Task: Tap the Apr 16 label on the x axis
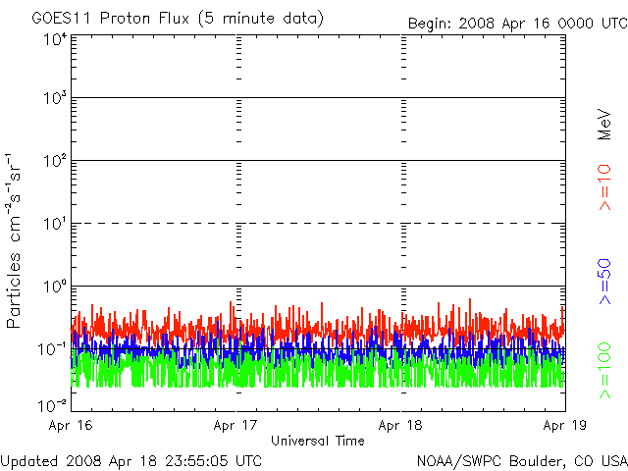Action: (x=71, y=425)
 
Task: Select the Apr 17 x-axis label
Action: (x=235, y=425)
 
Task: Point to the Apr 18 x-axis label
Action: (x=400, y=425)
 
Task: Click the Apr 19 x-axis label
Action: (x=565, y=425)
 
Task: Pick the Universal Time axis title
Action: (x=318, y=441)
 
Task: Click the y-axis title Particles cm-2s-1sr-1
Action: (x=13, y=240)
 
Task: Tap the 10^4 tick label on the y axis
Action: (x=56, y=39)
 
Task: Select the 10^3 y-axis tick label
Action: (x=56, y=97)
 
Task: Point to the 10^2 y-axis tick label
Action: (x=56, y=161)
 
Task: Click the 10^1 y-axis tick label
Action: (x=56, y=224)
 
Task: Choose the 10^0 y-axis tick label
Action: (x=56, y=287)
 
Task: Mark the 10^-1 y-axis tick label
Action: (x=53, y=349)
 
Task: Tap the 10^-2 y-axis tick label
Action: (x=53, y=405)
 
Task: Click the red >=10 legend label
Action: (x=604, y=187)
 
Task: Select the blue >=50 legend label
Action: (x=604, y=282)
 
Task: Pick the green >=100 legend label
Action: (x=604, y=371)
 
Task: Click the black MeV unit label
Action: (x=604, y=125)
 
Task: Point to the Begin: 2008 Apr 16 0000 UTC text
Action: (x=518, y=24)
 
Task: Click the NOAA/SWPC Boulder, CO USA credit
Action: (x=522, y=461)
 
